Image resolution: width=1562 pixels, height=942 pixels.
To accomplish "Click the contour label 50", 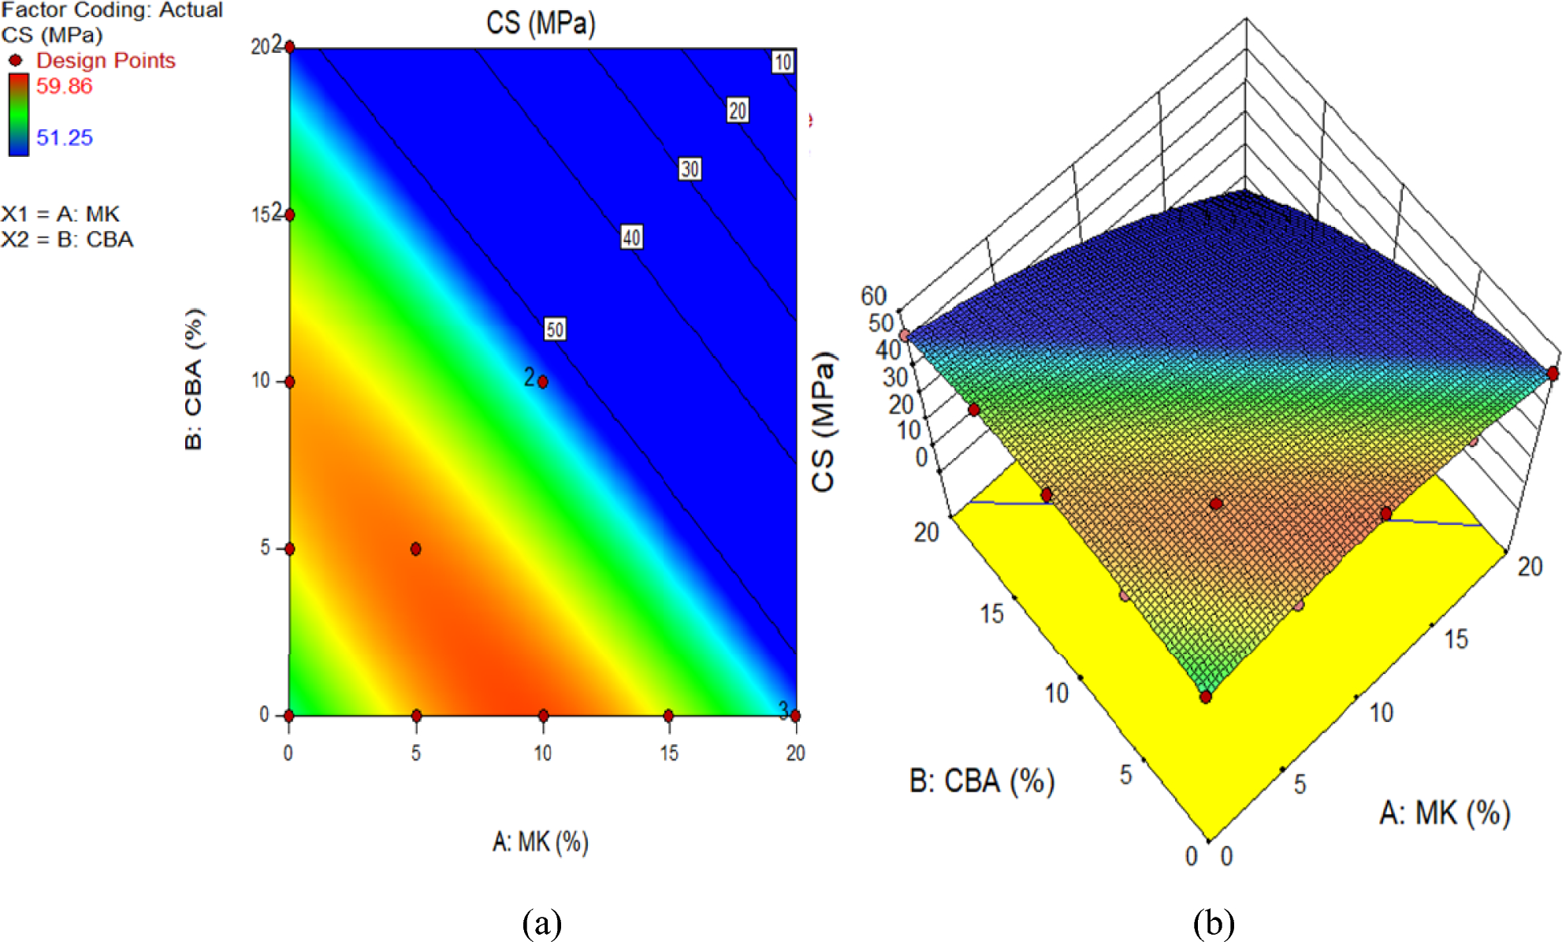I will (555, 330).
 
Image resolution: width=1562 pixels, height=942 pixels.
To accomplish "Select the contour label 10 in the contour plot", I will (782, 62).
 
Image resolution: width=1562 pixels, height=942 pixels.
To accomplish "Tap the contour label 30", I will (690, 169).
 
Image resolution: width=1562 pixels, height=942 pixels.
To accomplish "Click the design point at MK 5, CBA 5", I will (415, 549).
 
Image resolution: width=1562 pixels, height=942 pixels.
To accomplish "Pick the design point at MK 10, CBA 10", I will (542, 382).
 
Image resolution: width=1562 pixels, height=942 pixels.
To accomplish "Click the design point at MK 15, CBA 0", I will (668, 716).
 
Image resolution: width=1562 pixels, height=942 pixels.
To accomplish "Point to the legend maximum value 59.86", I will (65, 86).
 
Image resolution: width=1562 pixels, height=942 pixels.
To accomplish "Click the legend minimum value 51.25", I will (65, 138).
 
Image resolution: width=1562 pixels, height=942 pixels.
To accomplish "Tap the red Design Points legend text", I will (106, 61).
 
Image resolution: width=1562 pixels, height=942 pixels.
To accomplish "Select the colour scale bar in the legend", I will (19, 114).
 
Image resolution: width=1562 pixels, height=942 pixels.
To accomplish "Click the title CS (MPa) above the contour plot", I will (541, 23).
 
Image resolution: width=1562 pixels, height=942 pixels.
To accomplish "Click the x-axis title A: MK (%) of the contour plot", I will (541, 842).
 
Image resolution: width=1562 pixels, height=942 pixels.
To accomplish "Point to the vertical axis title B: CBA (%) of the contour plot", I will (194, 378).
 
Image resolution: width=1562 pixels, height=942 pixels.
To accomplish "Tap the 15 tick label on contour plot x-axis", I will (669, 753).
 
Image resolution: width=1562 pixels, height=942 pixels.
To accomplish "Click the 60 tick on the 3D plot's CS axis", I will (873, 296).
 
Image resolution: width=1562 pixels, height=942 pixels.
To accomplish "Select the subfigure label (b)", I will (1213, 922).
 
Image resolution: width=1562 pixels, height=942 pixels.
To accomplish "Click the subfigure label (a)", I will (541, 922).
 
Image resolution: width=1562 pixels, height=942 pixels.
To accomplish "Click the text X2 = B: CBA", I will (68, 240).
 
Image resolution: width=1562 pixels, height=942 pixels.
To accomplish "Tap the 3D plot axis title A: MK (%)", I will (1445, 813).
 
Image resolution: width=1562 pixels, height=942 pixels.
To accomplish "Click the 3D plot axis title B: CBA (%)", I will (982, 780).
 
